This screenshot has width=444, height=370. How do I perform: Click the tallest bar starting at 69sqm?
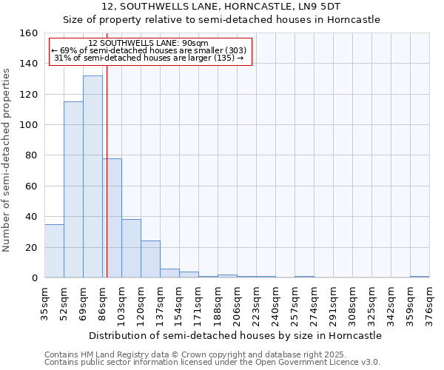[x=92, y=178]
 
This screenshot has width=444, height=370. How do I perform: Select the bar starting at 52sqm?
[x=73, y=190]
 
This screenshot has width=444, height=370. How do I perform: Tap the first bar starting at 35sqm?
[x=54, y=252]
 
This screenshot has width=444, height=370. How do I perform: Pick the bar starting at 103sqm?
[x=131, y=249]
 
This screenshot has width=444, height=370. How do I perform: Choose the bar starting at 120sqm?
[x=150, y=260]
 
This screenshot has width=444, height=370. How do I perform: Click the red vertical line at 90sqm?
[x=107, y=170]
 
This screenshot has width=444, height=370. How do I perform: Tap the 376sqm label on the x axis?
[x=429, y=305]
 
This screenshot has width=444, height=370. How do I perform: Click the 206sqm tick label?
[x=237, y=305]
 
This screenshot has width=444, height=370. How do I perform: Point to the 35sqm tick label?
[x=44, y=305]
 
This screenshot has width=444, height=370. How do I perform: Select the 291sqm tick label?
[x=333, y=305]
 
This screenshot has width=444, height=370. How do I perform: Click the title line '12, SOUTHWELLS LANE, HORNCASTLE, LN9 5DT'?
[x=222, y=7]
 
